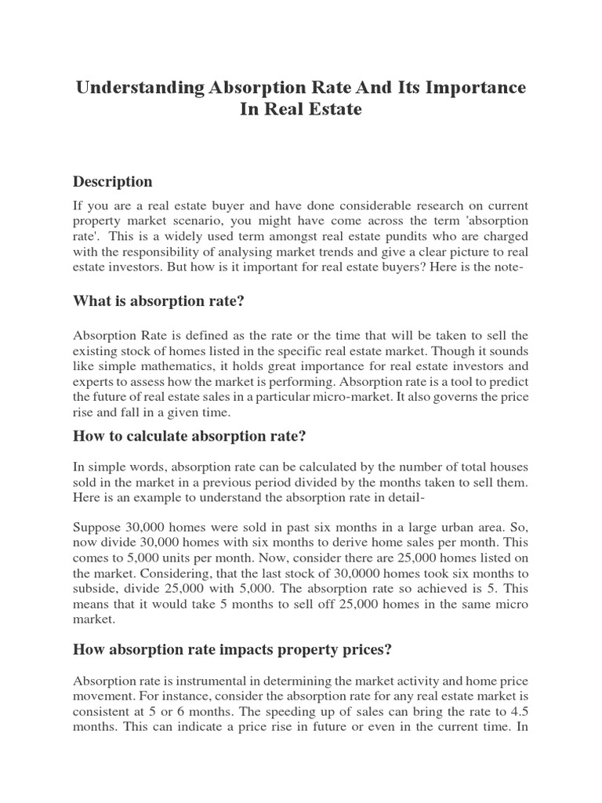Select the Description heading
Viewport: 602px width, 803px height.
(113, 182)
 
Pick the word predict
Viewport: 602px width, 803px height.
(508, 382)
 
